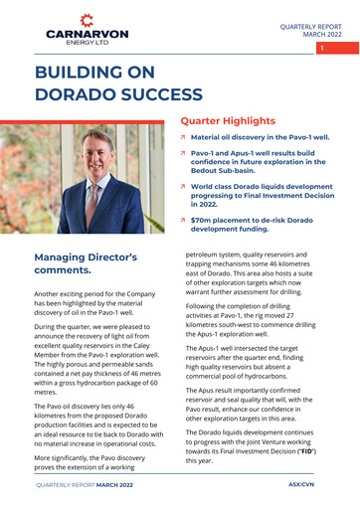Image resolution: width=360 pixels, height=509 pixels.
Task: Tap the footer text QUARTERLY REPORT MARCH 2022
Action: pos(84,484)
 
